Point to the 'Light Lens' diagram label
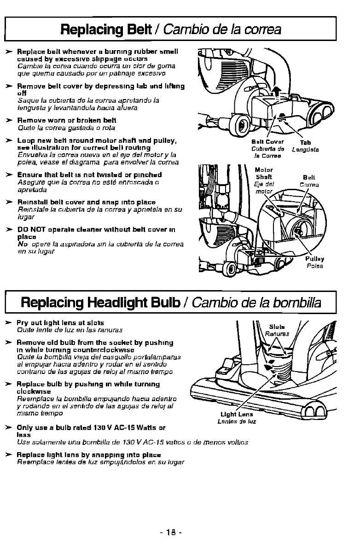pyautogui.click(x=237, y=414)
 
